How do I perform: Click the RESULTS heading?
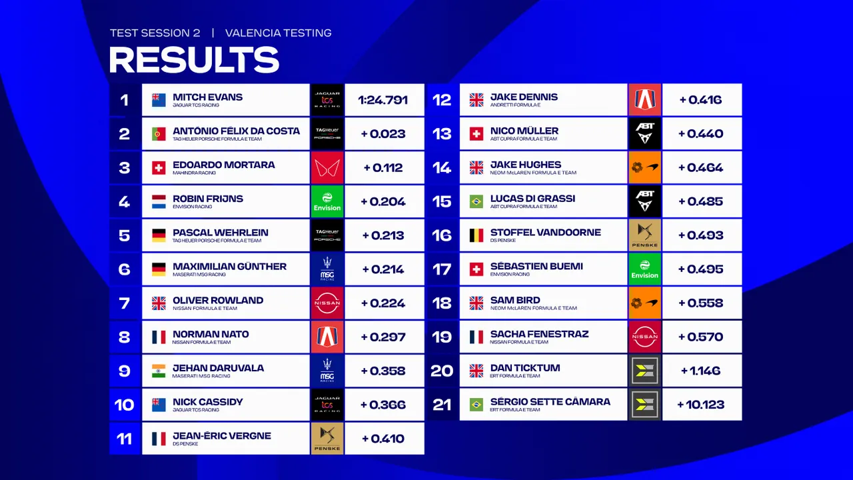pos(194,60)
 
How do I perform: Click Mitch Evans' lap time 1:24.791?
pos(383,100)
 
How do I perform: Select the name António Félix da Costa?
pos(236,131)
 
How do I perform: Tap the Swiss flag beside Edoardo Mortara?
pos(159,168)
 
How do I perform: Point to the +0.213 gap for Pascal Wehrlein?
pos(383,235)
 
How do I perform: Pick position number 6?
pos(125,269)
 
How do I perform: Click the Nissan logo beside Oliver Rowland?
pos(327,303)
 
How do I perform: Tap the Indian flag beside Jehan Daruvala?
pos(159,371)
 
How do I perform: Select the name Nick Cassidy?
pos(207,402)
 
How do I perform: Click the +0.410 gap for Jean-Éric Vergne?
pos(383,439)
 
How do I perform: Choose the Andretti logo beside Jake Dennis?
pos(644,100)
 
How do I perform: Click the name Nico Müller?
pos(524,131)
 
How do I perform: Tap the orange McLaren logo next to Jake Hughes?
pos(644,168)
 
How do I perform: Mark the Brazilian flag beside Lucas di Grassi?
pos(476,202)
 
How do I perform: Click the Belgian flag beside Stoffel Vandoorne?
pos(476,235)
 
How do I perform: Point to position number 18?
pos(442,303)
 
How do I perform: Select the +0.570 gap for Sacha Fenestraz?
pos(700,337)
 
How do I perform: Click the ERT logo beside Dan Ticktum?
pos(644,371)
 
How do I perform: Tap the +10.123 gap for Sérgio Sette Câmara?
pos(700,405)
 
